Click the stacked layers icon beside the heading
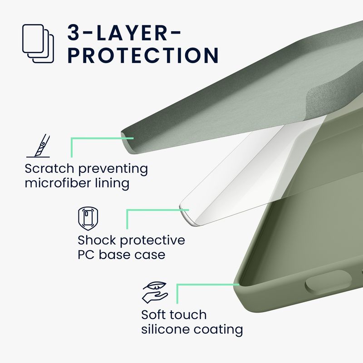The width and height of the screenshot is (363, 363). coord(38,43)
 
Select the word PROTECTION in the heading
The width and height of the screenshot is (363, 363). coord(143,55)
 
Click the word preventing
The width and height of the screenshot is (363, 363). coord(113,169)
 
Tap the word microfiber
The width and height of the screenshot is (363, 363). coord(58,183)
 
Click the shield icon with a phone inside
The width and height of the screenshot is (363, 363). coord(88,219)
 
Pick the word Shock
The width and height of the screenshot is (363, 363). coord(97,240)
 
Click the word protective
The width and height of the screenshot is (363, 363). coord(152,241)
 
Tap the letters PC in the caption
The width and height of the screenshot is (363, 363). coord(86,255)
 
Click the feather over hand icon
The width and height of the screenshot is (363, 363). coord(155,293)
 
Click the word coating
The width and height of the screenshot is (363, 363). coord(218,330)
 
